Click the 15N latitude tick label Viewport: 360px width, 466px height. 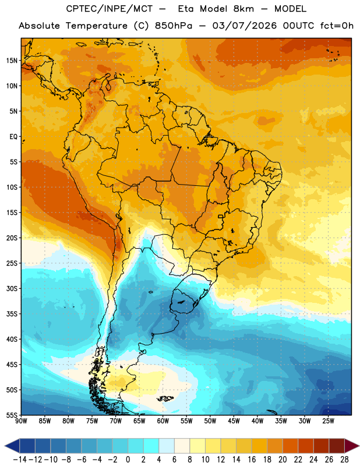[12, 61]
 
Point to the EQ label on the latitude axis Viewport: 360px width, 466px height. [13, 137]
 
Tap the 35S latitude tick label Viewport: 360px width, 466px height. [12, 314]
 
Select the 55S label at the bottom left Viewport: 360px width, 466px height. [12, 415]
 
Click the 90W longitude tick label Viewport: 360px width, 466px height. [21, 421]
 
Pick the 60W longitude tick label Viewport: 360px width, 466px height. [163, 421]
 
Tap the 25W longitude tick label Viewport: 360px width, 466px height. [328, 421]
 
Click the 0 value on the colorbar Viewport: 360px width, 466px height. [128, 460]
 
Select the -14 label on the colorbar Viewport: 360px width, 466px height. [20, 460]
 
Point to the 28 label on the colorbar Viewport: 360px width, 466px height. [344, 460]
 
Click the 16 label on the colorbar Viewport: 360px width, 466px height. [252, 460]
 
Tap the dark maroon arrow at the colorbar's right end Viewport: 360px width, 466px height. [352, 446]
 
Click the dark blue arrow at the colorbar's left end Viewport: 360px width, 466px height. [12, 446]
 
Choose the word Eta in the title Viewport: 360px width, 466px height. [185, 9]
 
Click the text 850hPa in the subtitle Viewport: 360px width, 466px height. [174, 26]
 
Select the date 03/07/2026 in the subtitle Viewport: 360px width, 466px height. [244, 26]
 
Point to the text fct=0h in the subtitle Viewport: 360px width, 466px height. [337, 26]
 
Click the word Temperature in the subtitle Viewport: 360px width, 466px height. [96, 26]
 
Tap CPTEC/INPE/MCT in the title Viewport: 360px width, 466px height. [110, 9]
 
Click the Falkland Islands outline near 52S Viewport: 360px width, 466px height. [165, 398]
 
